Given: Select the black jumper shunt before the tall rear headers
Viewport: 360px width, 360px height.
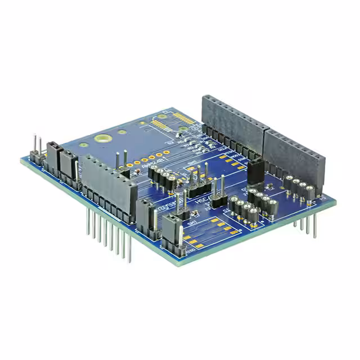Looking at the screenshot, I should click(255, 170).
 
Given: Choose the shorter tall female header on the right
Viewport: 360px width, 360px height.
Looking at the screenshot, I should click(294, 154).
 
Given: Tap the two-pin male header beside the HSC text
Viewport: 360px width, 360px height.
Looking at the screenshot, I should click(220, 194).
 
